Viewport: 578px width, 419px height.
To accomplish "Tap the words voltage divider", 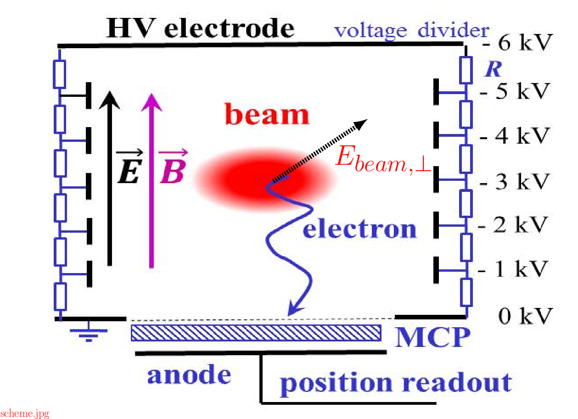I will pyautogui.click(x=411, y=31).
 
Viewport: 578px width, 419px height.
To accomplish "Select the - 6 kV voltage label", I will pyautogui.click(x=516, y=44).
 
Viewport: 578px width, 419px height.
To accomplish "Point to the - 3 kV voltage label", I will pyautogui.click(x=514, y=182).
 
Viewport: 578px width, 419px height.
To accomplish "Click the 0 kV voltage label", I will pyautogui.click(x=523, y=316).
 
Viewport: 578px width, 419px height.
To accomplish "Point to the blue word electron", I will pyautogui.click(x=359, y=229).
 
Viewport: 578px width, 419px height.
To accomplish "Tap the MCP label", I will pyautogui.click(x=433, y=338).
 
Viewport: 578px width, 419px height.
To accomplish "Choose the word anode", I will pyautogui.click(x=189, y=375).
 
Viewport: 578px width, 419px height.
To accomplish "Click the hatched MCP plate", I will pyautogui.click(x=256, y=333).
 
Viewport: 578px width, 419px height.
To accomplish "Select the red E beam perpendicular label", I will pyautogui.click(x=382, y=160).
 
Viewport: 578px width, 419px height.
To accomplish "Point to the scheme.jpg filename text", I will pyautogui.click(x=25, y=413).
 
